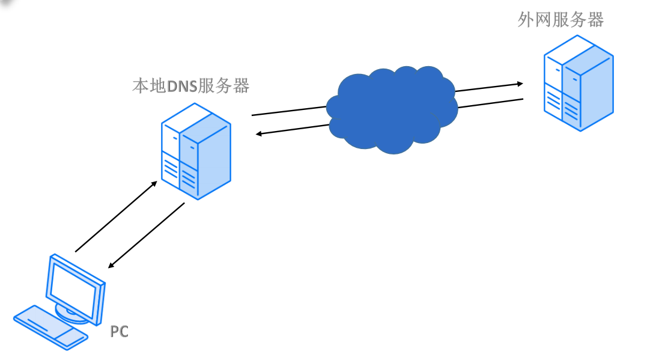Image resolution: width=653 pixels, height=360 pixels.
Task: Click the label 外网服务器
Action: tap(560, 19)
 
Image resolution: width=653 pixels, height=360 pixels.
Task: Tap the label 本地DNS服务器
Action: tap(190, 86)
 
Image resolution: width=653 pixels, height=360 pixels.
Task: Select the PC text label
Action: tap(119, 331)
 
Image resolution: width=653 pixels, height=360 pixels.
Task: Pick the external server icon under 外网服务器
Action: tap(579, 85)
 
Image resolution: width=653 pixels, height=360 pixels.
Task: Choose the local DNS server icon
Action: tap(196, 151)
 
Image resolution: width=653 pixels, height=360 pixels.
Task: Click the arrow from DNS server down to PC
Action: tap(146, 235)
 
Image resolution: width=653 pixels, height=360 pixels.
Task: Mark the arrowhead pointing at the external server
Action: tap(520, 84)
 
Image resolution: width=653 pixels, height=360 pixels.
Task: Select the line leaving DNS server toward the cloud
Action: tap(288, 111)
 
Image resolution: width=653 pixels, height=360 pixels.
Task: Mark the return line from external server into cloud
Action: tap(490, 103)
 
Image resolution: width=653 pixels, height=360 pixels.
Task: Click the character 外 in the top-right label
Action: tap(527, 19)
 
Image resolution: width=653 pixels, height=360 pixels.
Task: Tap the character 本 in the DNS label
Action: tap(140, 86)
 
